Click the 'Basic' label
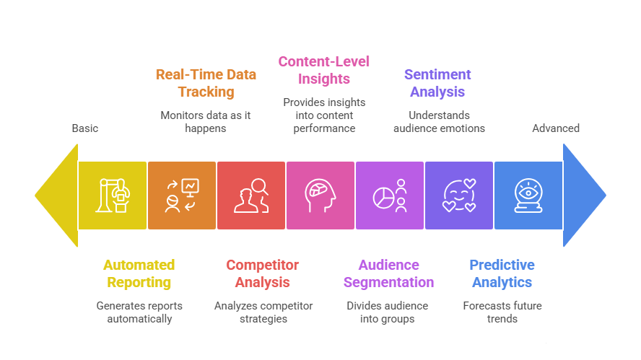(85, 128)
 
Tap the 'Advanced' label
(556, 128)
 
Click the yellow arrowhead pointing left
(57, 196)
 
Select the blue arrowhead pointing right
(584, 196)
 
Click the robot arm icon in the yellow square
(113, 196)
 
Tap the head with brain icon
(320, 196)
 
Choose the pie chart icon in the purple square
(383, 198)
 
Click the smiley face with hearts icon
(459, 196)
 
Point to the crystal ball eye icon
(528, 196)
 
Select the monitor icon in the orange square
(190, 188)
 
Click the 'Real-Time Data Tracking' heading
(206, 83)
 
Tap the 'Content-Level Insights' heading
(324, 70)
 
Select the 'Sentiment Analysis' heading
(437, 83)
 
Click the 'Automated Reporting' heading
(139, 273)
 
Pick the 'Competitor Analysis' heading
(263, 273)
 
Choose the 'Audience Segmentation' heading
(388, 273)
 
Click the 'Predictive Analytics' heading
(502, 273)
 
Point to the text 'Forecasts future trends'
(502, 312)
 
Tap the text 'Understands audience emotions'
(439, 122)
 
